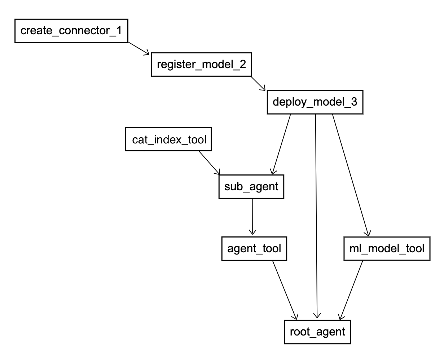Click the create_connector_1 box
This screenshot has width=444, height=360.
click(71, 31)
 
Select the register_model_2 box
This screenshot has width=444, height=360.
click(201, 65)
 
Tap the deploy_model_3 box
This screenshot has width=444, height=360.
click(315, 102)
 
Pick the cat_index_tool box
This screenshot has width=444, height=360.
click(168, 139)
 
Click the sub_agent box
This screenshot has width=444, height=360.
click(251, 187)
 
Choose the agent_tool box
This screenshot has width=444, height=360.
click(254, 249)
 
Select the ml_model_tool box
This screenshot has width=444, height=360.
click(387, 249)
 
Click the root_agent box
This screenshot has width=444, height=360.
click(317, 332)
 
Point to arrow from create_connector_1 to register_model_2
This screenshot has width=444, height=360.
click(139, 48)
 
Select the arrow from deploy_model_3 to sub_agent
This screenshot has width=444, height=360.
click(282, 144)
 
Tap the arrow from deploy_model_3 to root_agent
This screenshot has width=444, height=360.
click(316, 216)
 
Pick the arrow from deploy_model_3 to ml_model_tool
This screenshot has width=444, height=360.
click(350, 175)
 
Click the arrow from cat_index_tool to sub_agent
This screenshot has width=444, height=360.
click(209, 163)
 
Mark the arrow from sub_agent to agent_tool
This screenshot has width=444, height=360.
click(252, 216)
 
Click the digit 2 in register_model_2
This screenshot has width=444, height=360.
click(242, 65)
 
